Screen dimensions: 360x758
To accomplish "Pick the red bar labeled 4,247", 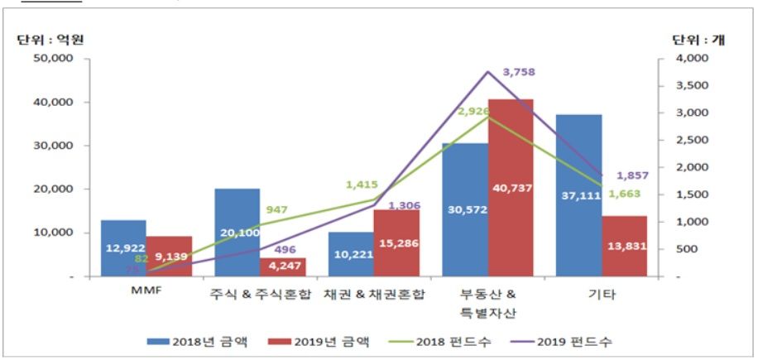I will coord(283,266).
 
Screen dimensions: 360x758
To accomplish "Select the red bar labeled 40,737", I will coord(510,188).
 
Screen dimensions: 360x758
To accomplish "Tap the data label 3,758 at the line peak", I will coord(518,72).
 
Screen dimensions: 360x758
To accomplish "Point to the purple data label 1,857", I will coord(632,175).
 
